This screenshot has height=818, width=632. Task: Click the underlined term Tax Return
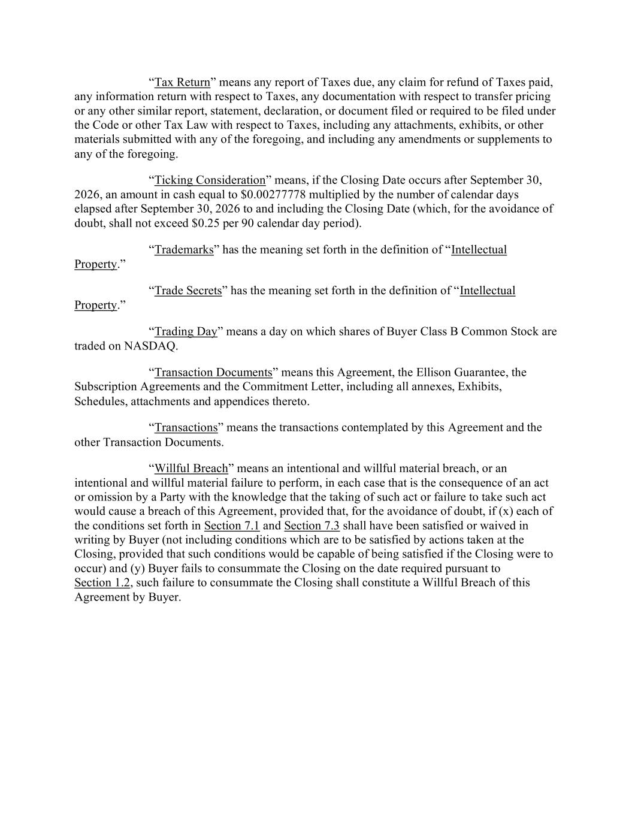pos(182,82)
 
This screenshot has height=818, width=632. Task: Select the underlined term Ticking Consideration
pos(210,180)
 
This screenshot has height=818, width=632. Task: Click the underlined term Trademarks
pos(184,250)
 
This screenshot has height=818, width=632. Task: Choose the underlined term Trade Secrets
pos(188,291)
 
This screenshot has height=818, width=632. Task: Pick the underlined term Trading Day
pos(186,331)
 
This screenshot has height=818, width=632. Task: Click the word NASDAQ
pos(150,346)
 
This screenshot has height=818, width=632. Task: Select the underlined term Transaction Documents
pos(213,372)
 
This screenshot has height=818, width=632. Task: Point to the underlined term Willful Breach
pos(191,468)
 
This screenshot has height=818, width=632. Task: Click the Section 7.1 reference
pos(232,526)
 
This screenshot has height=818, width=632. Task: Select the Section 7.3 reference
pos(312,526)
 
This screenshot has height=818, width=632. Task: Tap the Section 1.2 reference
pos(102,582)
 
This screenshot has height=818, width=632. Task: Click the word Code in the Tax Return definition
pos(105,125)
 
